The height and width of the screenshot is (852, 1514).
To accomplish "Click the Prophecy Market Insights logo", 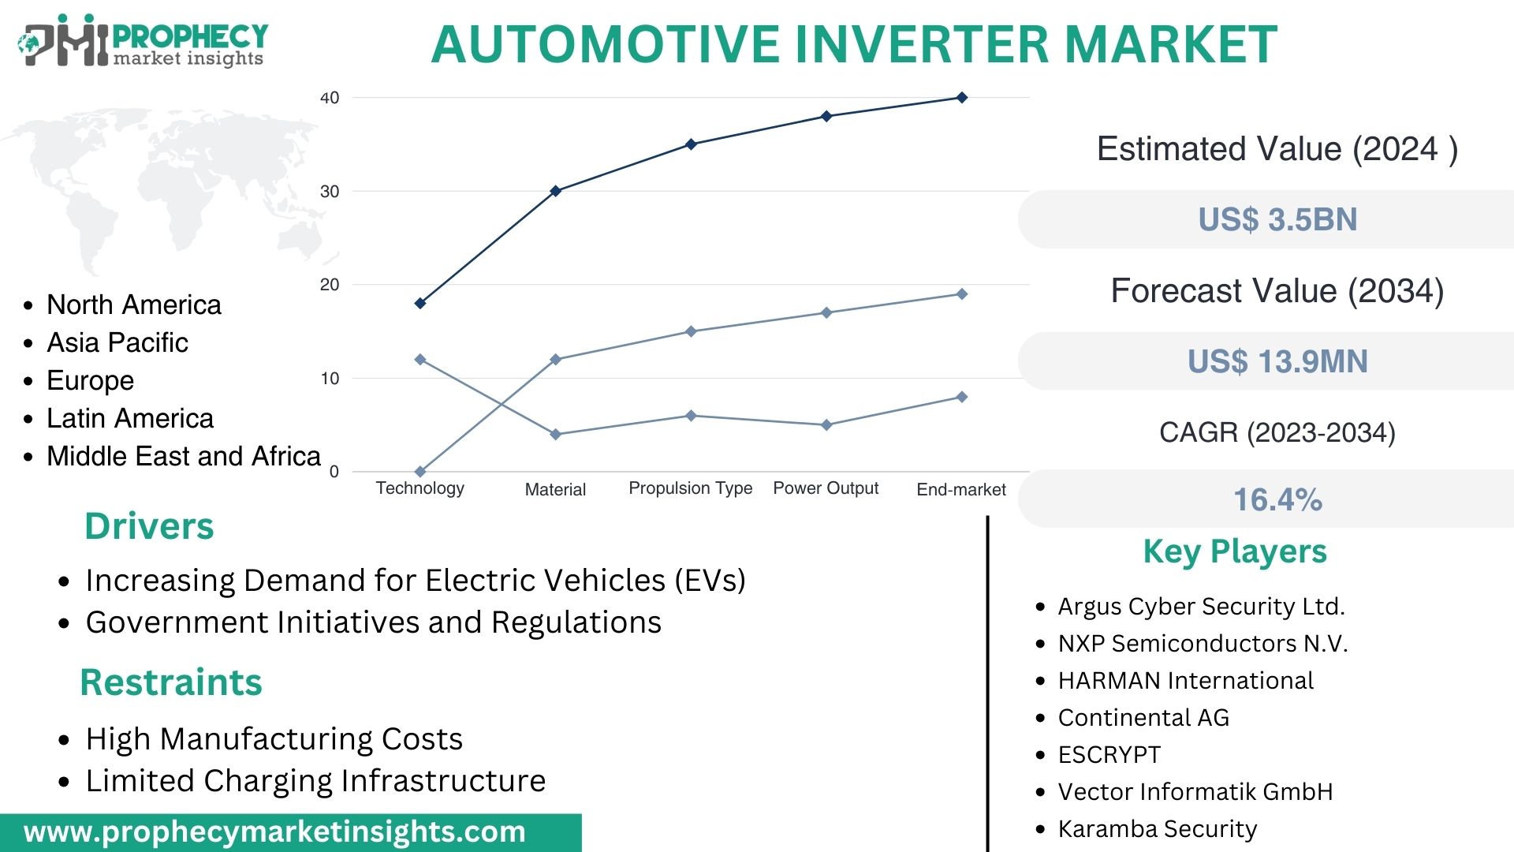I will pyautogui.click(x=142, y=41).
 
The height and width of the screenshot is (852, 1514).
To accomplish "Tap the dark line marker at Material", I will pyautogui.click(x=555, y=191).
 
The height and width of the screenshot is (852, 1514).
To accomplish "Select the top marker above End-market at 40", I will pyautogui.click(x=961, y=98).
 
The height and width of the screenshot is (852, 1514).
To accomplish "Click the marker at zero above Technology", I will pyautogui.click(x=420, y=472).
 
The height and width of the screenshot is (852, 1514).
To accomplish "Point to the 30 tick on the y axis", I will pyautogui.click(x=330, y=192).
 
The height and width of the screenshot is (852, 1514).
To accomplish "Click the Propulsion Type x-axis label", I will pyautogui.click(x=690, y=488).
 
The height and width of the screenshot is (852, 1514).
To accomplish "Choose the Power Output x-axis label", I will pyautogui.click(x=825, y=488).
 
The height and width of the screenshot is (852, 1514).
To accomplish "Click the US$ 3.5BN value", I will pyautogui.click(x=1277, y=219).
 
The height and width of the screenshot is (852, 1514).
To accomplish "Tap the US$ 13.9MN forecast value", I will pyautogui.click(x=1277, y=361).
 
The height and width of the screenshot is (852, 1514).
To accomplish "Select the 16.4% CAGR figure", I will pyautogui.click(x=1277, y=499).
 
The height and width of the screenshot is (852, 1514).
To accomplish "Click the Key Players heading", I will pyautogui.click(x=1235, y=551).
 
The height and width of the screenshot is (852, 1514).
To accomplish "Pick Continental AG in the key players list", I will pyautogui.click(x=1143, y=718).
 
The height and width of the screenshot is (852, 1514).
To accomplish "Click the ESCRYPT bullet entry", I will pyautogui.click(x=1109, y=755).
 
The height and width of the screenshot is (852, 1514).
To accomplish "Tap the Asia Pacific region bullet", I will pyautogui.click(x=117, y=342).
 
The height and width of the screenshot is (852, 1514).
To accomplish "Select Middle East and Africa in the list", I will pyautogui.click(x=183, y=456).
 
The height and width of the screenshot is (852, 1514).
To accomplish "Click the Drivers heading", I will pyautogui.click(x=149, y=526).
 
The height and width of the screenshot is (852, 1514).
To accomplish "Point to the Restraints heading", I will pyautogui.click(x=171, y=682).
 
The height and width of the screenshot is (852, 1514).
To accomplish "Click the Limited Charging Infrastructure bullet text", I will pyautogui.click(x=315, y=781).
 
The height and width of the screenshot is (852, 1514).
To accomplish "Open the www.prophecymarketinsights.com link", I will pyautogui.click(x=274, y=832).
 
